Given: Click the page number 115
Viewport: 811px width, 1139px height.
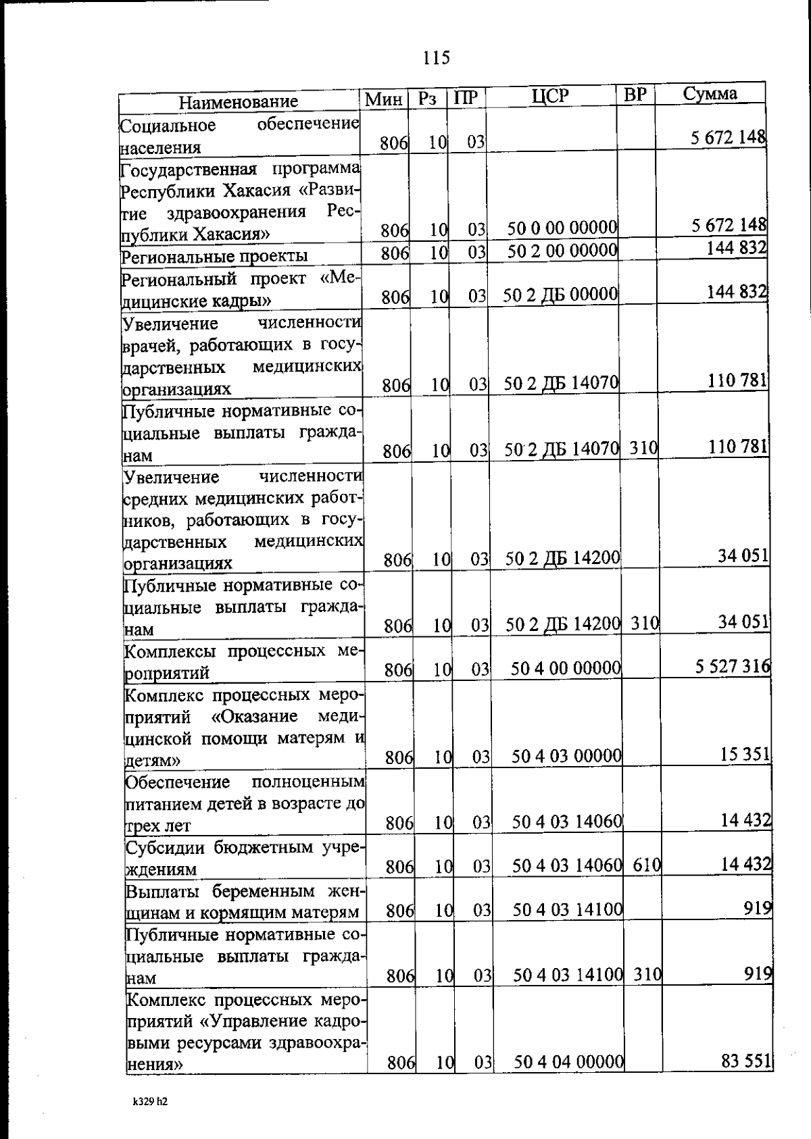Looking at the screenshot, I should (x=437, y=58).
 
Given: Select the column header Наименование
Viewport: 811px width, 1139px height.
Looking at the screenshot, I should (x=238, y=102).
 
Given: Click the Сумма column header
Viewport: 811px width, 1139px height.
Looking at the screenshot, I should (x=710, y=94).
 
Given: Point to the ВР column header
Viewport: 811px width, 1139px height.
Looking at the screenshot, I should (x=635, y=96).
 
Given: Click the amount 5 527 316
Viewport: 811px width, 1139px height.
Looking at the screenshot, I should (x=733, y=667).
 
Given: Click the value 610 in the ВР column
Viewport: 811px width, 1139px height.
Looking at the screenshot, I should (x=646, y=865).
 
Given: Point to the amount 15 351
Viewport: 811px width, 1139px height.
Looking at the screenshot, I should (x=745, y=754).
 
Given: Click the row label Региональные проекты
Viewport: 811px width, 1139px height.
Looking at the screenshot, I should (x=214, y=256).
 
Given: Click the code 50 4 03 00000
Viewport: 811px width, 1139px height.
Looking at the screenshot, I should (x=566, y=756).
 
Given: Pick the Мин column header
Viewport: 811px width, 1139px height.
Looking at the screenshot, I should (x=384, y=100).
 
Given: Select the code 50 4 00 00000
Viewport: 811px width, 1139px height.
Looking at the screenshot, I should (x=566, y=669).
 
